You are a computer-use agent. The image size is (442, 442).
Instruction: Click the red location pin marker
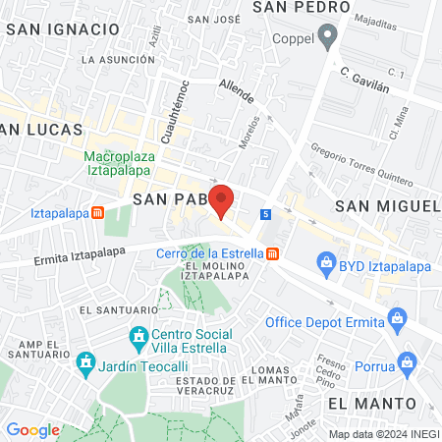click(x=221, y=200)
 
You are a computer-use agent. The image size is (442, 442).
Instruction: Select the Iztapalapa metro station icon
click(x=97, y=212)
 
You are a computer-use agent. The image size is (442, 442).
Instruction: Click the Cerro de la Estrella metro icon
click(x=272, y=254)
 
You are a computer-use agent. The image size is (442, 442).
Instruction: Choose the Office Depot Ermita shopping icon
click(x=397, y=317)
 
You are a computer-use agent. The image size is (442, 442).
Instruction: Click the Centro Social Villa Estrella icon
click(x=138, y=341)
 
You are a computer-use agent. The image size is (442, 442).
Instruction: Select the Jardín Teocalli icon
click(x=84, y=364)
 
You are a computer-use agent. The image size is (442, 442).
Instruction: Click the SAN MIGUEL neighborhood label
click(x=386, y=205)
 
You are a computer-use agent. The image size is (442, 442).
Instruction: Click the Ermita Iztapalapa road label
click(x=43, y=258)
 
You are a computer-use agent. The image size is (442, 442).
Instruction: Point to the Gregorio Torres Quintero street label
click(x=348, y=164)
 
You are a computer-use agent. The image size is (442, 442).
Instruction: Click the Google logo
click(x=33, y=429)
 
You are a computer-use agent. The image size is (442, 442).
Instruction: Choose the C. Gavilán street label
click(x=365, y=79)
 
